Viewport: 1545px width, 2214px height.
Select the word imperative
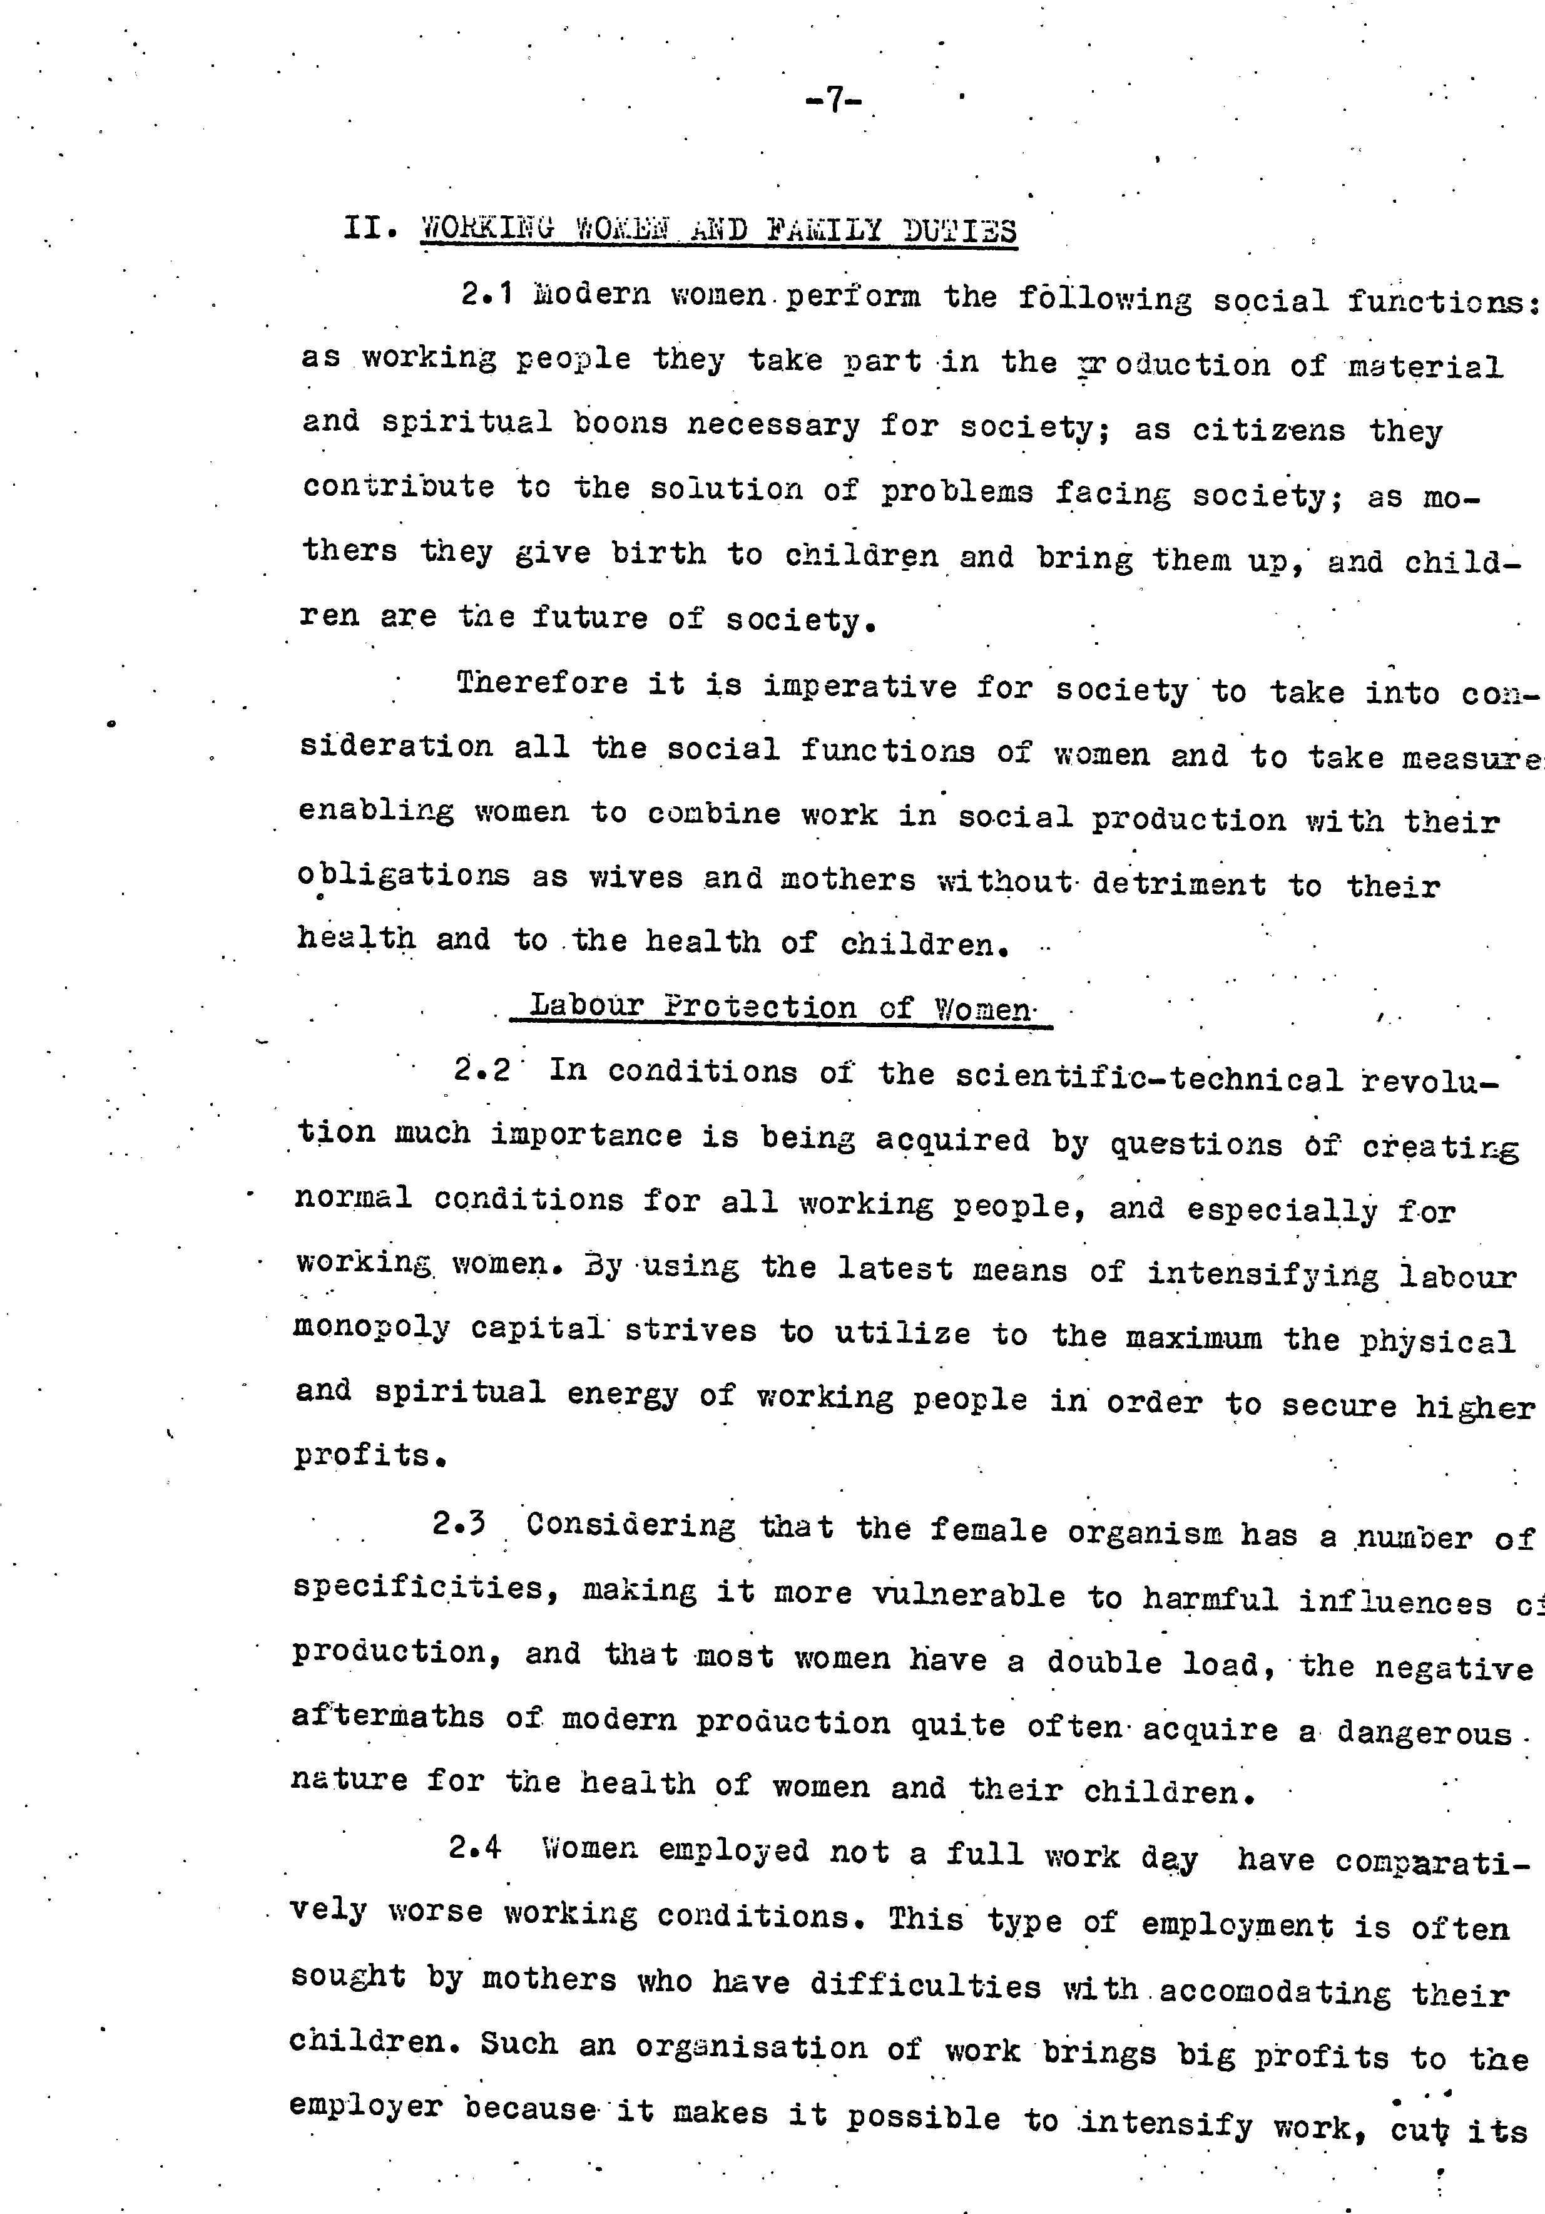[x=860, y=687]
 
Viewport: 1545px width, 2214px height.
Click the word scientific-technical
[x=1149, y=1078]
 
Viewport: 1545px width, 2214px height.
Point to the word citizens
[x=1268, y=429]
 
